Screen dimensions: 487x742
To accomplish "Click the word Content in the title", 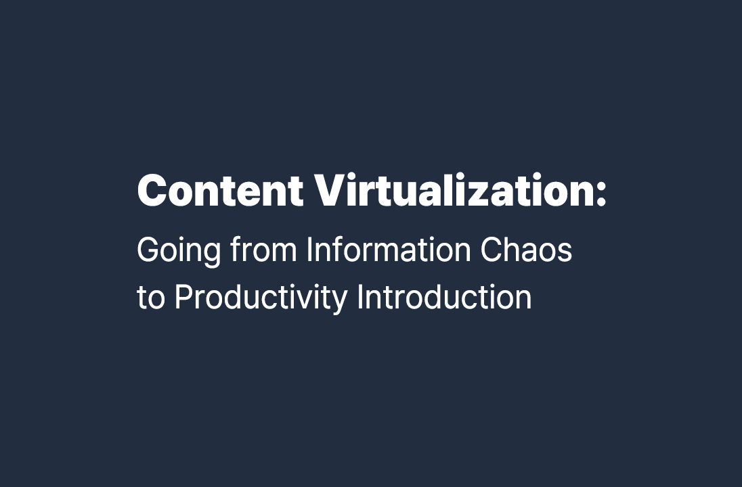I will point(220,191).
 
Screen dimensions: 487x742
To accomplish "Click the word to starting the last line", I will point(150,298).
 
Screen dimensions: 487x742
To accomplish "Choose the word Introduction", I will point(444,298).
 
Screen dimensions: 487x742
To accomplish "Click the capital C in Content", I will point(152,191).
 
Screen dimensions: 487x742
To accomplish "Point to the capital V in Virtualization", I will point(329,191).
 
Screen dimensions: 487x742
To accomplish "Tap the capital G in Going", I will point(148,250).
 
